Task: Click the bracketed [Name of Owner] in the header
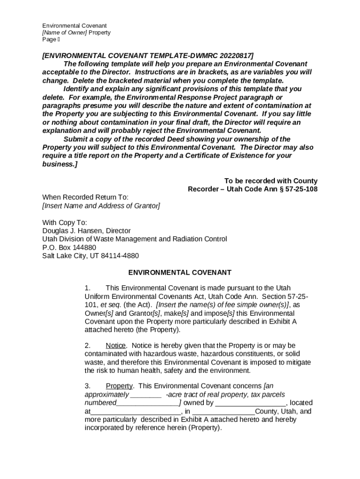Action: pos(65,33)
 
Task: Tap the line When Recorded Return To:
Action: pos(85,197)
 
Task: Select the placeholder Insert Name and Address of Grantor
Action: pos(101,206)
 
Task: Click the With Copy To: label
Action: pos(65,223)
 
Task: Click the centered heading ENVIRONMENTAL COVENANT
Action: pos(180,273)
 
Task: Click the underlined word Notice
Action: pos(115,346)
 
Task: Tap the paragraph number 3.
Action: pos(87,386)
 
